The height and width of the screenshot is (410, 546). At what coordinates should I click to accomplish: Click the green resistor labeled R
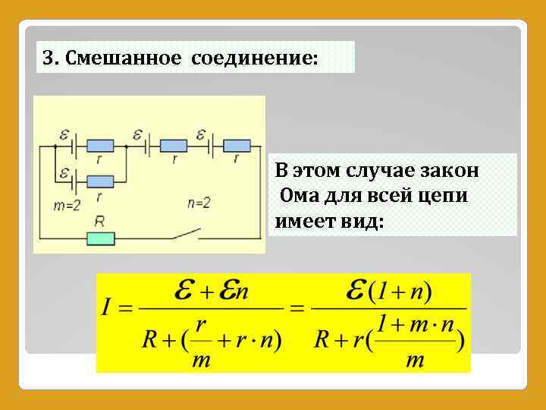pos(100,238)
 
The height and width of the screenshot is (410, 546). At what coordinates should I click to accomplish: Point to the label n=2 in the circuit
pos(199,203)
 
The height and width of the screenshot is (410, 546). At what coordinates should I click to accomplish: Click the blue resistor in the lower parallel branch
pos(99,181)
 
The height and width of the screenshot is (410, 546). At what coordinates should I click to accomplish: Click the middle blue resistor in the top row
pos(174,145)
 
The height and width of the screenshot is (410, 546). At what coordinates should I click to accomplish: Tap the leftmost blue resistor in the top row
pos(99,145)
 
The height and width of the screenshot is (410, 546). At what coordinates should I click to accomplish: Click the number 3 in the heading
pos(48,58)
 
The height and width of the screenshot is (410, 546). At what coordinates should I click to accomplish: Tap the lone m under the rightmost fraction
pos(415,361)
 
